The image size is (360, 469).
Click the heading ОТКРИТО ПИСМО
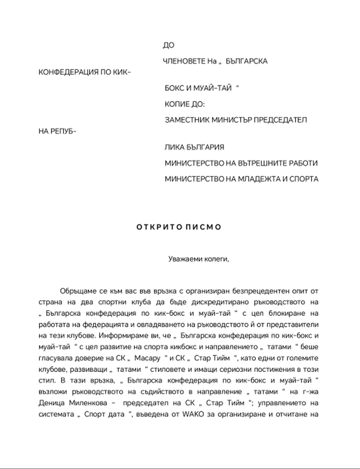pos(178,227)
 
